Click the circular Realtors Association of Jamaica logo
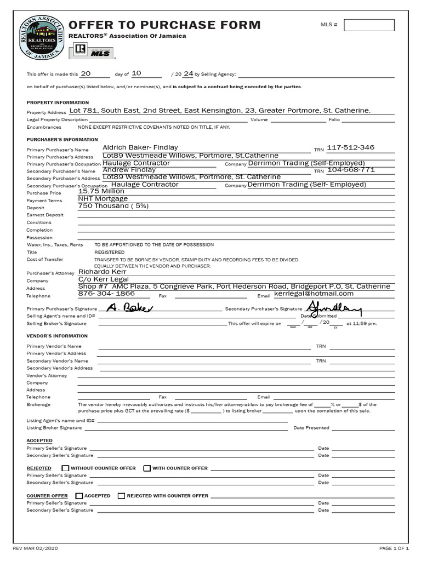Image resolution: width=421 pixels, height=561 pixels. pyautogui.click(x=41, y=37)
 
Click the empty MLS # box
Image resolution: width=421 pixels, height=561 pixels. pyautogui.click(x=369, y=25)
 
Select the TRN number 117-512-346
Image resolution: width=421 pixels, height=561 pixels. pyautogui.click(x=351, y=147)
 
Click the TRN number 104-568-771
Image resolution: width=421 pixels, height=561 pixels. pyautogui.click(x=351, y=170)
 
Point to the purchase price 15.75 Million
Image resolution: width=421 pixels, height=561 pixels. pyautogui.click(x=101, y=191)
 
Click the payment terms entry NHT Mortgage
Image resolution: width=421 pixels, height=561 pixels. pyautogui.click(x=103, y=198)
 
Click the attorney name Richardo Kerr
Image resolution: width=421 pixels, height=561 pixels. pyautogui.click(x=103, y=271)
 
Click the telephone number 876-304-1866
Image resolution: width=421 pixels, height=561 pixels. pyautogui.click(x=107, y=294)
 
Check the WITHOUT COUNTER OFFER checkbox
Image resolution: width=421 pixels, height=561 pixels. pyautogui.click(x=66, y=468)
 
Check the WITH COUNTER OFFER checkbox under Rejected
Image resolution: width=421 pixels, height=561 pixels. pyautogui.click(x=147, y=468)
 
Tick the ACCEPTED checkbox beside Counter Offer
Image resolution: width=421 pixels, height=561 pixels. pyautogui.click(x=79, y=496)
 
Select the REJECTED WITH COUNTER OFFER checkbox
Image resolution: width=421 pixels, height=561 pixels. pyautogui.click(x=122, y=496)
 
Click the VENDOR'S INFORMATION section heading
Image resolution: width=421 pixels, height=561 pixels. pyautogui.click(x=57, y=336)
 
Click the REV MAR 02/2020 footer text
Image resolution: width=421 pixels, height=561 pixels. pyautogui.click(x=36, y=548)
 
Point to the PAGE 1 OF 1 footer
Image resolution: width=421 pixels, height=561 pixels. pyautogui.click(x=394, y=548)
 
